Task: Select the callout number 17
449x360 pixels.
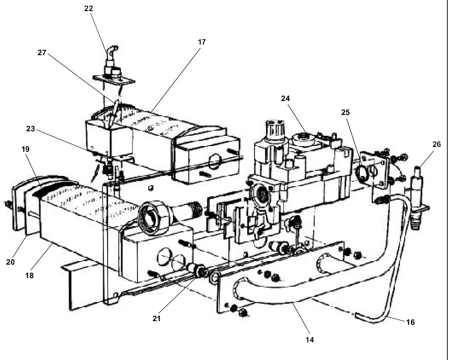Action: point(201,42)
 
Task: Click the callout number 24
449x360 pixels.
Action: point(285,98)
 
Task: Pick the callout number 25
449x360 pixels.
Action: point(346,112)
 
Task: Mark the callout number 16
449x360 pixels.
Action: point(410,322)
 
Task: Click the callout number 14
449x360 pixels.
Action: point(310,339)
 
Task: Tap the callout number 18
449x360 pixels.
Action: point(29,276)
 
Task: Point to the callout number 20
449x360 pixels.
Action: point(10,262)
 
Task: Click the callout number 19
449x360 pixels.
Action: point(25,149)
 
